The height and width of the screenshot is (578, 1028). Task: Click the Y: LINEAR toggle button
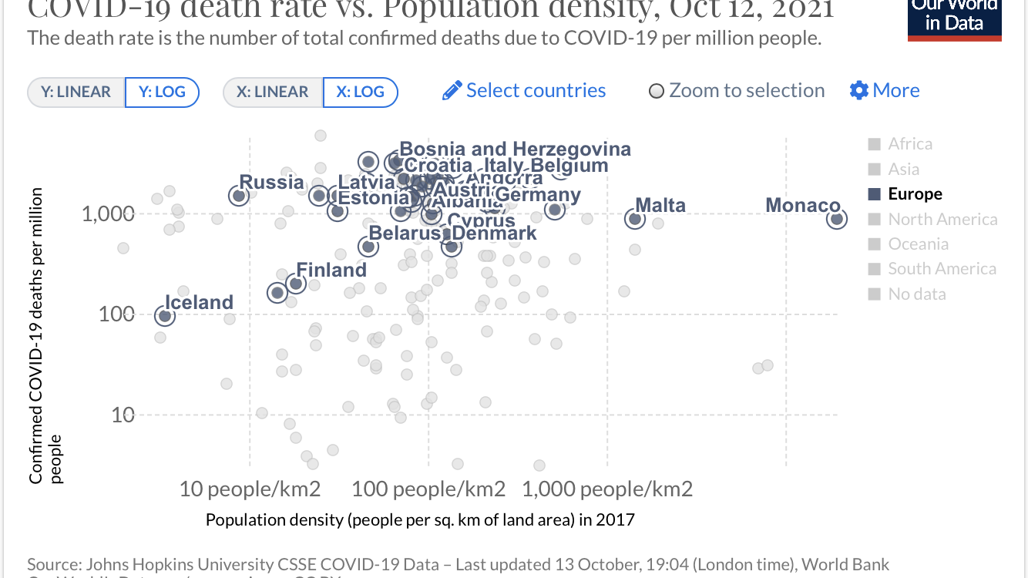(76, 92)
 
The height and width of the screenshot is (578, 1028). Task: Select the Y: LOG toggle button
(162, 92)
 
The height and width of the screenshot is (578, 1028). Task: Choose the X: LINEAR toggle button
(271, 92)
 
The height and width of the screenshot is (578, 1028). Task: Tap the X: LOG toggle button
(360, 92)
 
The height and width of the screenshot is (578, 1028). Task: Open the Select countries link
(525, 91)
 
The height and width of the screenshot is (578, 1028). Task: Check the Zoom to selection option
(737, 91)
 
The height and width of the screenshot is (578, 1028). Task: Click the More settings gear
(885, 91)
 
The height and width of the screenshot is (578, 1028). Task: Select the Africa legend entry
(909, 144)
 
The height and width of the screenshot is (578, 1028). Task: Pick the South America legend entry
(941, 269)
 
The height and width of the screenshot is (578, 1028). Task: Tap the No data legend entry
(916, 294)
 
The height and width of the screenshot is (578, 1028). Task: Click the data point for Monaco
(837, 219)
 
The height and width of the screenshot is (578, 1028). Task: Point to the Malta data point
(634, 219)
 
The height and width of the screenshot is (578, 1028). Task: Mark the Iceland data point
(164, 315)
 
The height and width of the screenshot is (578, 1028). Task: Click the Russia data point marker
(239, 196)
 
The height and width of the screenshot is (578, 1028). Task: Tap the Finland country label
(331, 271)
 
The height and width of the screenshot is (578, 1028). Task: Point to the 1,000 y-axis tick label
(108, 213)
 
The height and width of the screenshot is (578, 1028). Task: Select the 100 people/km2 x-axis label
(428, 489)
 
